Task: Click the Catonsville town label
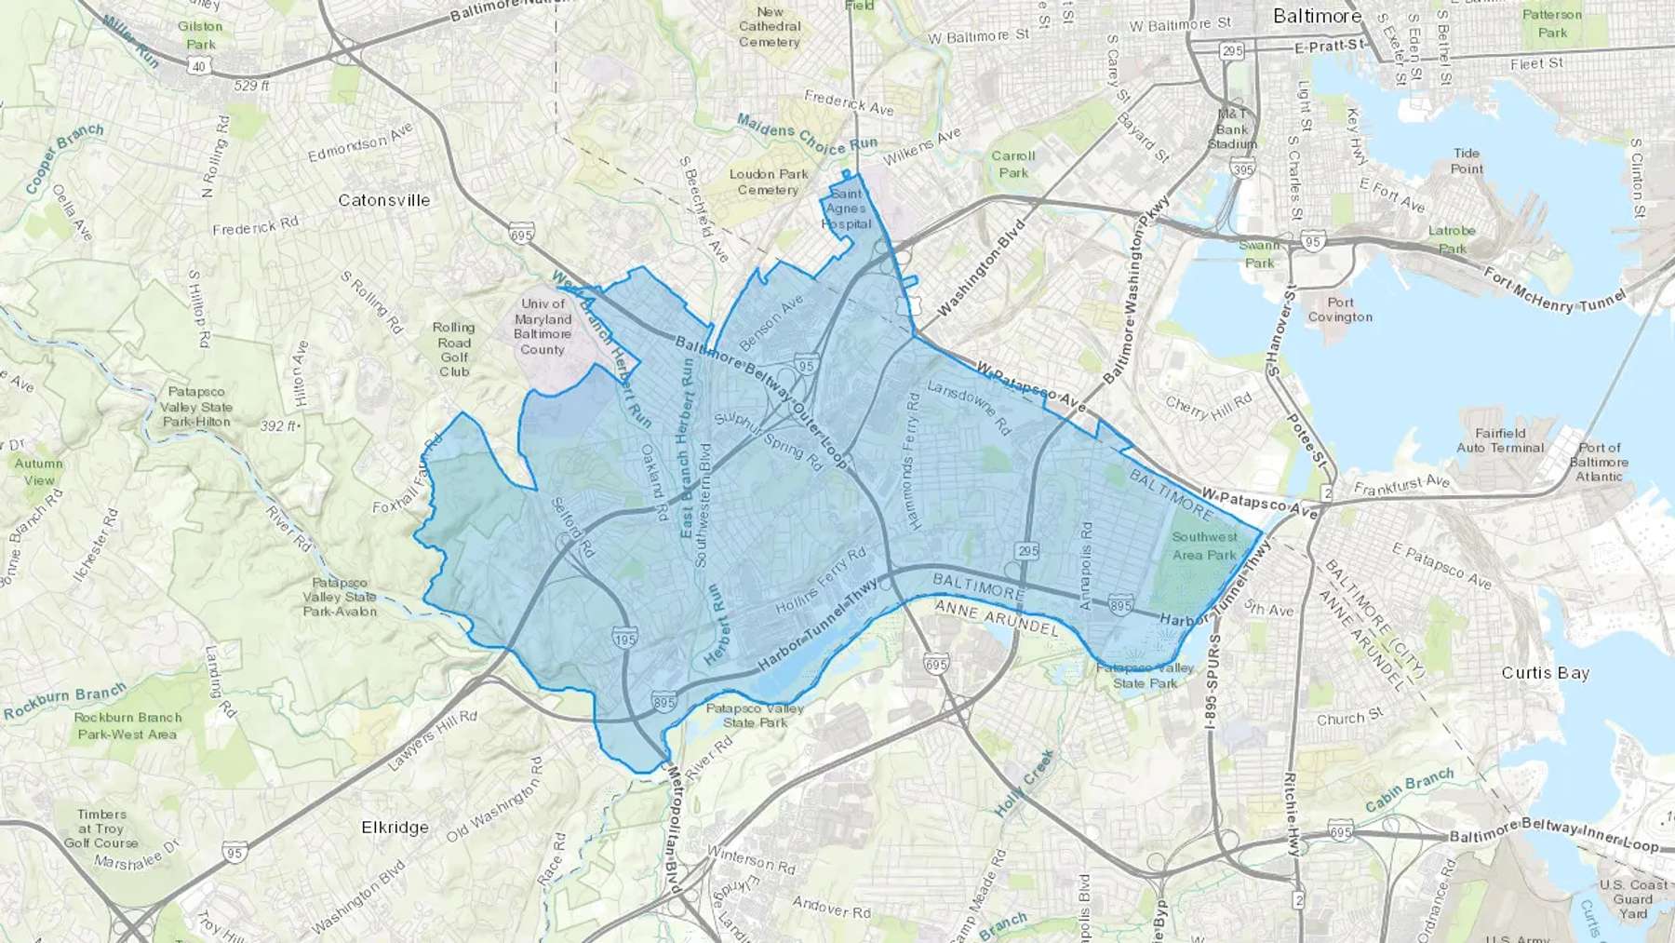pyautogui.click(x=383, y=200)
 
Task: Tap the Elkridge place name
pyautogui.click(x=395, y=828)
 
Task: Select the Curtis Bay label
pyautogui.click(x=1545, y=673)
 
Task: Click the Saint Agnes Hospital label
pyautogui.click(x=846, y=209)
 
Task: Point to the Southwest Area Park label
pyautogui.click(x=1204, y=546)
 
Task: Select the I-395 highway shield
pyautogui.click(x=1241, y=168)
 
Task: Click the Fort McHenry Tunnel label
pyautogui.click(x=1553, y=290)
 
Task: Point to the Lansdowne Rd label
pyautogui.click(x=969, y=408)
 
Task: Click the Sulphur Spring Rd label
pyautogui.click(x=769, y=440)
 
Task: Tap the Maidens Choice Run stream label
pyautogui.click(x=807, y=134)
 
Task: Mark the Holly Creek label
pyautogui.click(x=1024, y=783)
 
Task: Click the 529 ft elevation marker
pyautogui.click(x=251, y=86)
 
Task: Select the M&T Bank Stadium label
pyautogui.click(x=1232, y=129)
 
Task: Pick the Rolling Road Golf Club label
pyautogui.click(x=454, y=349)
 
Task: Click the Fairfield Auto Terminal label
pyautogui.click(x=1500, y=440)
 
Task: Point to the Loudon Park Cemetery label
pyautogui.click(x=768, y=182)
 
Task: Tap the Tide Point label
pyautogui.click(x=1467, y=161)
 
